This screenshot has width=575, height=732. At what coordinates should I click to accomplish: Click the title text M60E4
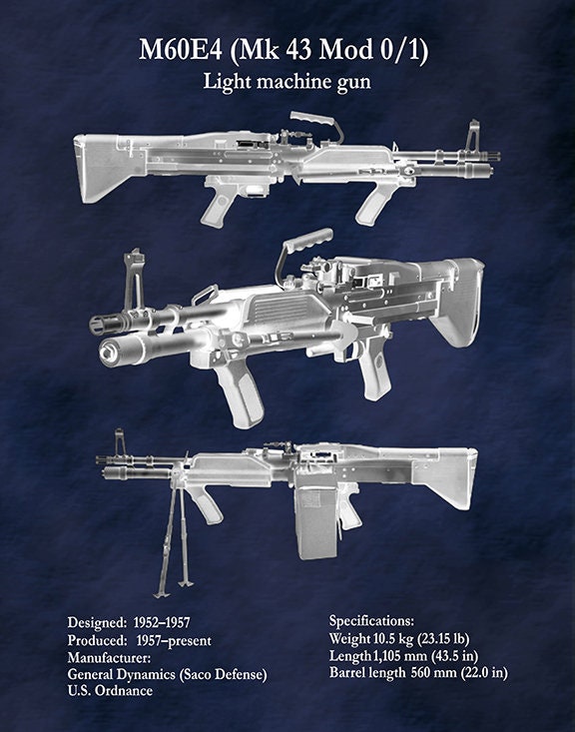point(181,50)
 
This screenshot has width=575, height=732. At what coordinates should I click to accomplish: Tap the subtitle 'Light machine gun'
point(287,82)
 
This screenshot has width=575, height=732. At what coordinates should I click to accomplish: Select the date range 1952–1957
point(162,623)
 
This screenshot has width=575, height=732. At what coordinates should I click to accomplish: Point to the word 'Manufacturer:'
point(109,658)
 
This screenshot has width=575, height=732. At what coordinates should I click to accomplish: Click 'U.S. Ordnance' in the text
point(110,691)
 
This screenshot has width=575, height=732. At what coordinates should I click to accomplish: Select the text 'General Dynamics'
point(122,675)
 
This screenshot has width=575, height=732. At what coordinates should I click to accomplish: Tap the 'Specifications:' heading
point(371,621)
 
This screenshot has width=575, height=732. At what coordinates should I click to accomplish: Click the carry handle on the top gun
point(316,123)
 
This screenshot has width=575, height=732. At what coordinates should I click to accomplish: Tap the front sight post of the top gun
point(472,135)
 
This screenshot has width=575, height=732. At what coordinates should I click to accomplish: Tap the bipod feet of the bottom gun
point(174,589)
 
